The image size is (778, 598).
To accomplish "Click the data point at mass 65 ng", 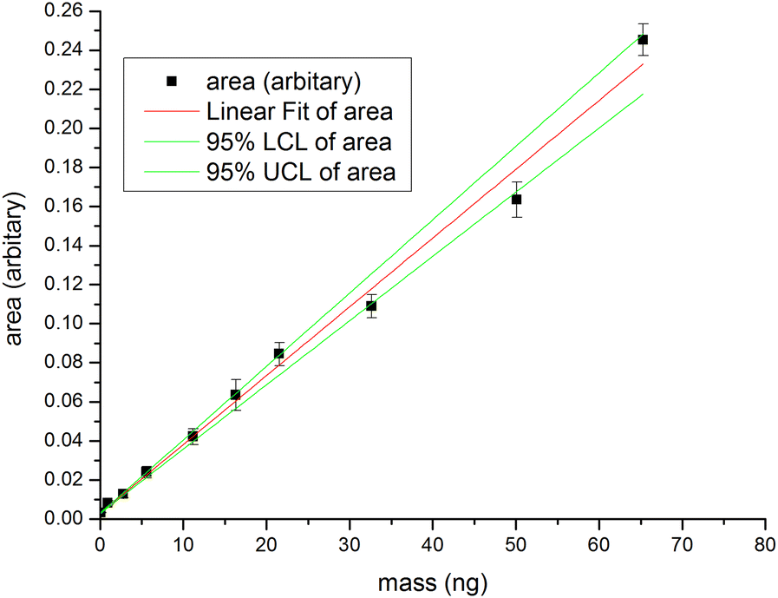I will coord(643,40).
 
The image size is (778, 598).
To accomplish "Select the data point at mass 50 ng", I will coord(516,200).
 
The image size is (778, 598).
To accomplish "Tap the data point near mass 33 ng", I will coord(371,306).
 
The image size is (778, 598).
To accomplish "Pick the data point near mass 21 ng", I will coord(278,353).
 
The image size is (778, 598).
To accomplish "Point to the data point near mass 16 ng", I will coord(235,395).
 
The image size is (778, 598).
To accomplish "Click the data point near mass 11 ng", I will coord(193,436).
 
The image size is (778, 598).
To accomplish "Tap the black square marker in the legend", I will coord(171,82).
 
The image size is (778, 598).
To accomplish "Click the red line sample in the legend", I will coord(171,112).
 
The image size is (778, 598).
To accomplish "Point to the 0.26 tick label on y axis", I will coord(63,11).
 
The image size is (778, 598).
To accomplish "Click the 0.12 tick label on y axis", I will coord(63,285).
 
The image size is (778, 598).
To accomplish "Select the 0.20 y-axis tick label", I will coord(63,128).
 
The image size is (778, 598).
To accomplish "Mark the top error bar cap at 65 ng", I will coord(643,23).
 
